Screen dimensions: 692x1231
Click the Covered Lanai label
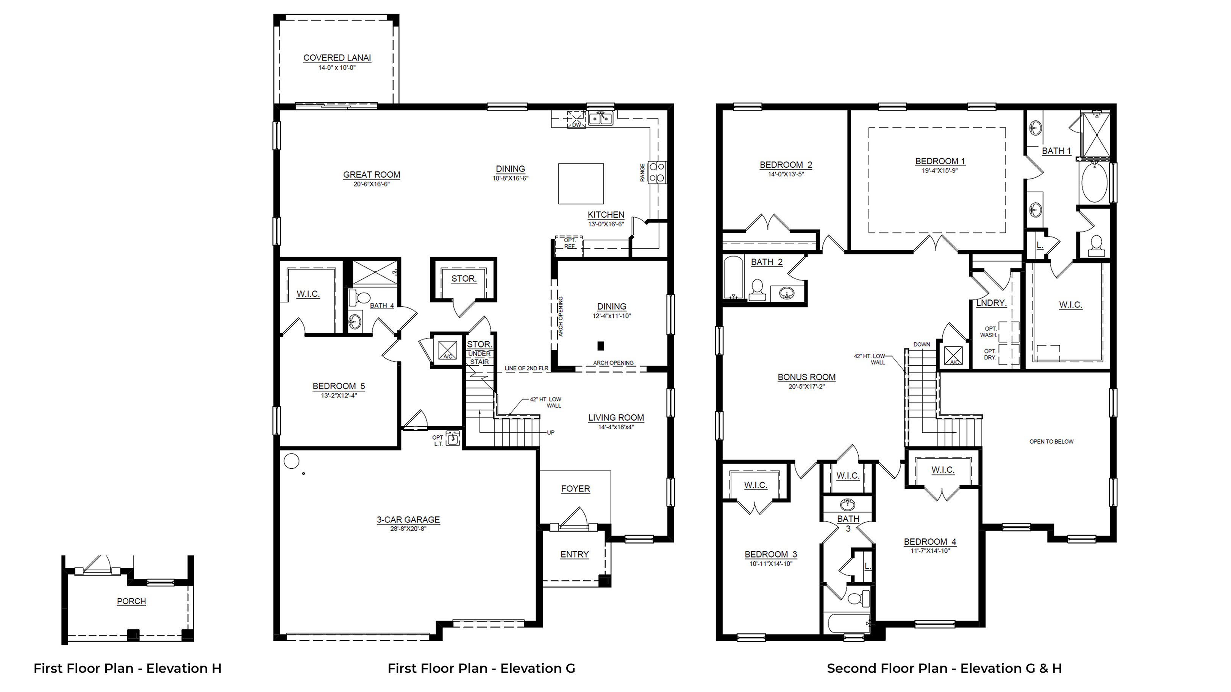337,58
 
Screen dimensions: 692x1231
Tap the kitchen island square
581,184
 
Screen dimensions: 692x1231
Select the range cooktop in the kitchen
658,172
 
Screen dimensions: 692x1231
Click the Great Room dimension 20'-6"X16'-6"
371,184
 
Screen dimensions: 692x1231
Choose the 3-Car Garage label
408,520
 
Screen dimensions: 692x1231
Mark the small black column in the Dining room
601,346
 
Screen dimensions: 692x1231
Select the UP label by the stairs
550,433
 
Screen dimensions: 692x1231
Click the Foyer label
575,489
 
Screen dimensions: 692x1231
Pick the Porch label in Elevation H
131,601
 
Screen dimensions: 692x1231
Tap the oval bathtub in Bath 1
1094,182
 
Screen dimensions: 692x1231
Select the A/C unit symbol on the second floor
953,356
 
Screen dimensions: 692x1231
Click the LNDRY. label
991,303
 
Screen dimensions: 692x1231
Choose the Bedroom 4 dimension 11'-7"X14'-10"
930,551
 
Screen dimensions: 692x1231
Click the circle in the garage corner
292,461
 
